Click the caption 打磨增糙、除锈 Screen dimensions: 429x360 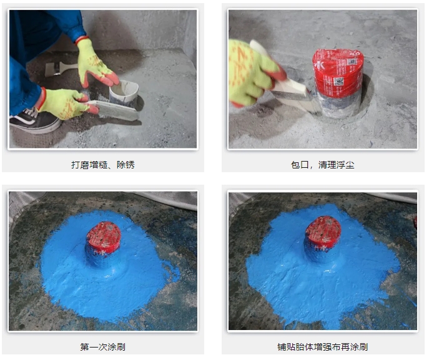click(x=103, y=165)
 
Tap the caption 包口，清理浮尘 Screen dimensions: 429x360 click(x=323, y=165)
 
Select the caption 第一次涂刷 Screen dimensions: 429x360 click(x=103, y=347)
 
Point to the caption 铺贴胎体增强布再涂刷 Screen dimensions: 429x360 click(x=323, y=347)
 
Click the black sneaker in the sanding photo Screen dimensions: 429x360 click(x=34, y=120)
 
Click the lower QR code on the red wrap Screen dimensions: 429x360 click(x=338, y=82)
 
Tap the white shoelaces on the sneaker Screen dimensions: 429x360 click(x=29, y=112)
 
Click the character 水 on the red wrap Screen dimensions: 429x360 click(x=320, y=65)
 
